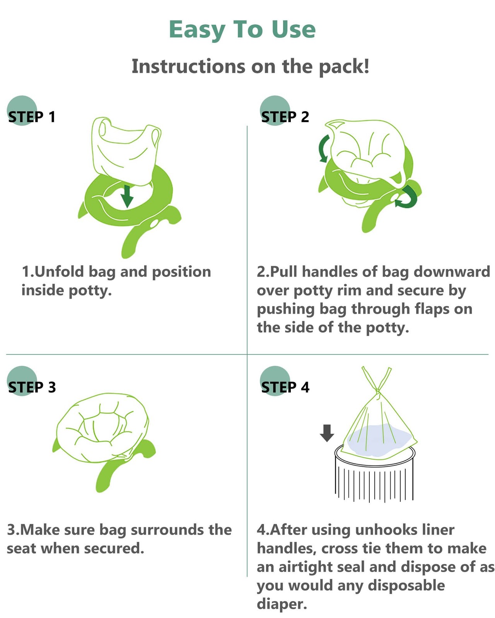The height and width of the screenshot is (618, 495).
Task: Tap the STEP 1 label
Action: pyautogui.click(x=32, y=117)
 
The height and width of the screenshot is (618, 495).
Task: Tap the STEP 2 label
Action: pyautogui.click(x=285, y=117)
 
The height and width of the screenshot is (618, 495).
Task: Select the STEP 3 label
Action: pyautogui.click(x=32, y=387)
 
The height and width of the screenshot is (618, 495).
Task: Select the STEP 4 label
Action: pyautogui.click(x=285, y=387)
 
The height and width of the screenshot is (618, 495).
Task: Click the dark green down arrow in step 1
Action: pyautogui.click(x=127, y=196)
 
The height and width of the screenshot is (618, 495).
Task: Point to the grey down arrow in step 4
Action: pyautogui.click(x=327, y=433)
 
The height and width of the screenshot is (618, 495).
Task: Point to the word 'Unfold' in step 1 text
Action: pyautogui.click(x=59, y=272)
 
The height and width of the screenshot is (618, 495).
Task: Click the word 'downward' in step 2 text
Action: pyautogui.click(x=452, y=272)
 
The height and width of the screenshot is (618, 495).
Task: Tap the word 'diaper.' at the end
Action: pyautogui.click(x=282, y=604)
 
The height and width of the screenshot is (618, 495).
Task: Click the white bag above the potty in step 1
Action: pyautogui.click(x=126, y=150)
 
